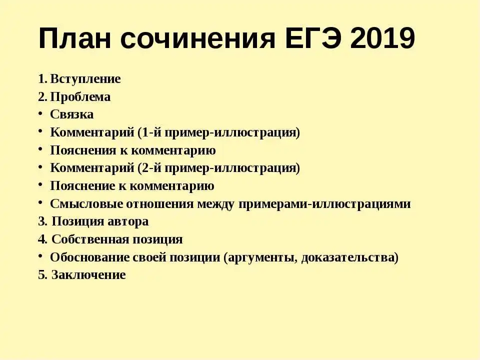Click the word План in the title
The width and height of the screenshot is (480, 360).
(x=74, y=38)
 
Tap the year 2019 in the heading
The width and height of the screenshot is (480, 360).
(x=382, y=38)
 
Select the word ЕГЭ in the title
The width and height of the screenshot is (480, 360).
(x=312, y=38)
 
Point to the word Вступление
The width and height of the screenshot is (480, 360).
(x=85, y=79)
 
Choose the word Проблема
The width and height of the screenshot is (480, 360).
(x=80, y=96)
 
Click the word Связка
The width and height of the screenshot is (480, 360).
(x=72, y=114)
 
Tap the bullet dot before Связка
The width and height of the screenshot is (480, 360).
(x=40, y=113)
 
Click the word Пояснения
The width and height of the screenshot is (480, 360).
(x=82, y=150)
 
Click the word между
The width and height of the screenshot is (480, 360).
(x=216, y=204)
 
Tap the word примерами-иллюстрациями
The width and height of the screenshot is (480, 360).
(x=324, y=204)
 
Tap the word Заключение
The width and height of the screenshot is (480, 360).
(x=88, y=274)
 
